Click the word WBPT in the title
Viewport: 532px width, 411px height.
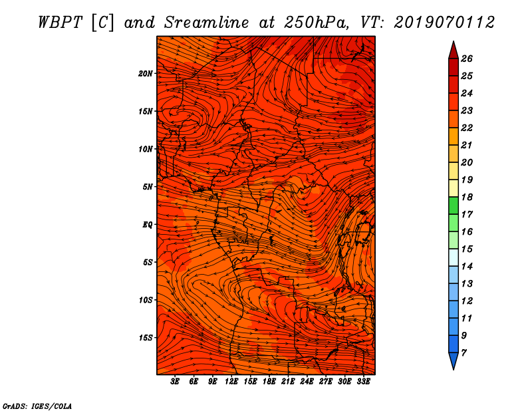[x=60, y=23]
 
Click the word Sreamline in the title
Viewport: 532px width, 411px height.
[x=206, y=23]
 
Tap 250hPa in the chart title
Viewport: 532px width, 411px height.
[x=315, y=23]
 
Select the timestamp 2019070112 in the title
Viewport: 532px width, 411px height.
[x=444, y=23]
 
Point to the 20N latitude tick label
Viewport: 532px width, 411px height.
[x=146, y=74]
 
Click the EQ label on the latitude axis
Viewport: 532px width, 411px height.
[x=148, y=225]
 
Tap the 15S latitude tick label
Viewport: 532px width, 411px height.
[x=146, y=338]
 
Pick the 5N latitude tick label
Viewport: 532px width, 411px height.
[x=148, y=187]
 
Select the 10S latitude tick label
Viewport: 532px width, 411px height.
[x=146, y=300]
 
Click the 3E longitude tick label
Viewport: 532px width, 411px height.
[x=175, y=382]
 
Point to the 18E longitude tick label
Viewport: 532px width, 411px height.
[x=269, y=382]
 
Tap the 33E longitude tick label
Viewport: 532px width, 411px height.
[x=363, y=382]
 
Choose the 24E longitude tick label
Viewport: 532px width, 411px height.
[x=307, y=382]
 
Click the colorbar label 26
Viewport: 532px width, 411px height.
[x=467, y=59]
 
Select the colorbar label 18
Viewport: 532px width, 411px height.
[x=467, y=197]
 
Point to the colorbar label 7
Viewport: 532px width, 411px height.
[x=464, y=353]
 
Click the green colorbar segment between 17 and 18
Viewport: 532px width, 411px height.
[x=454, y=205]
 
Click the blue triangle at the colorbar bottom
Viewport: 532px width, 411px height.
[x=454, y=360]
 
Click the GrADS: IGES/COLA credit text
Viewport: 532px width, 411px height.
[x=37, y=406]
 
